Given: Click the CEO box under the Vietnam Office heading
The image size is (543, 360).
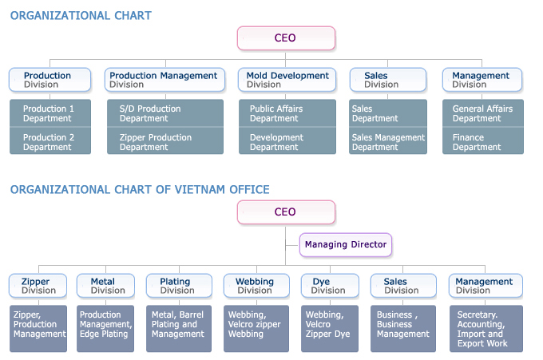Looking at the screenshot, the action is [x=286, y=212].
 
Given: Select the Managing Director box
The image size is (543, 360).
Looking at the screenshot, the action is [x=346, y=245].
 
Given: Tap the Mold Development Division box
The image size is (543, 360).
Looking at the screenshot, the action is [x=287, y=80].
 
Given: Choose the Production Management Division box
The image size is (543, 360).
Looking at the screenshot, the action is [x=164, y=80].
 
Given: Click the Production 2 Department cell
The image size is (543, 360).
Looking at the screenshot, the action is [x=50, y=141].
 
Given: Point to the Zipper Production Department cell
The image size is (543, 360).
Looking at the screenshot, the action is [x=165, y=141].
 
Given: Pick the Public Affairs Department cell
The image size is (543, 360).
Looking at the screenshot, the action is [x=287, y=113].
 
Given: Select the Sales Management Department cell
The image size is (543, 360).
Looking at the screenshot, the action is [x=388, y=141].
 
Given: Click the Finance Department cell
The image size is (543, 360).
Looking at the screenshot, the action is [x=483, y=141].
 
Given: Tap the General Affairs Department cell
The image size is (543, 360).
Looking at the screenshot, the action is [x=483, y=113].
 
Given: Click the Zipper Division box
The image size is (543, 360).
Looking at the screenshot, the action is [x=38, y=286].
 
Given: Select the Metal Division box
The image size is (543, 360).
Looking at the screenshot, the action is [x=105, y=286].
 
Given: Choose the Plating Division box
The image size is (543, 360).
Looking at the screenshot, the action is [x=179, y=286].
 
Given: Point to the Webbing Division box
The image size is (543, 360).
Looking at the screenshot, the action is [x=256, y=286].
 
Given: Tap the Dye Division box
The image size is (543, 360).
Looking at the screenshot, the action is [x=330, y=286].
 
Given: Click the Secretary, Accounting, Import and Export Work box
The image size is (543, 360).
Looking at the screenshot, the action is [x=486, y=329].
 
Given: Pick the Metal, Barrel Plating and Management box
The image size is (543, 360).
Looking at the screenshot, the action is [x=179, y=329].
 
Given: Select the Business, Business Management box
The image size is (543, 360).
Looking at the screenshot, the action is [x=403, y=329].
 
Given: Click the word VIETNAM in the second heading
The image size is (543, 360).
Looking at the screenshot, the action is [x=200, y=190].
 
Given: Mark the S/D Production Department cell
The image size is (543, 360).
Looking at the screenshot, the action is [x=165, y=113].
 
